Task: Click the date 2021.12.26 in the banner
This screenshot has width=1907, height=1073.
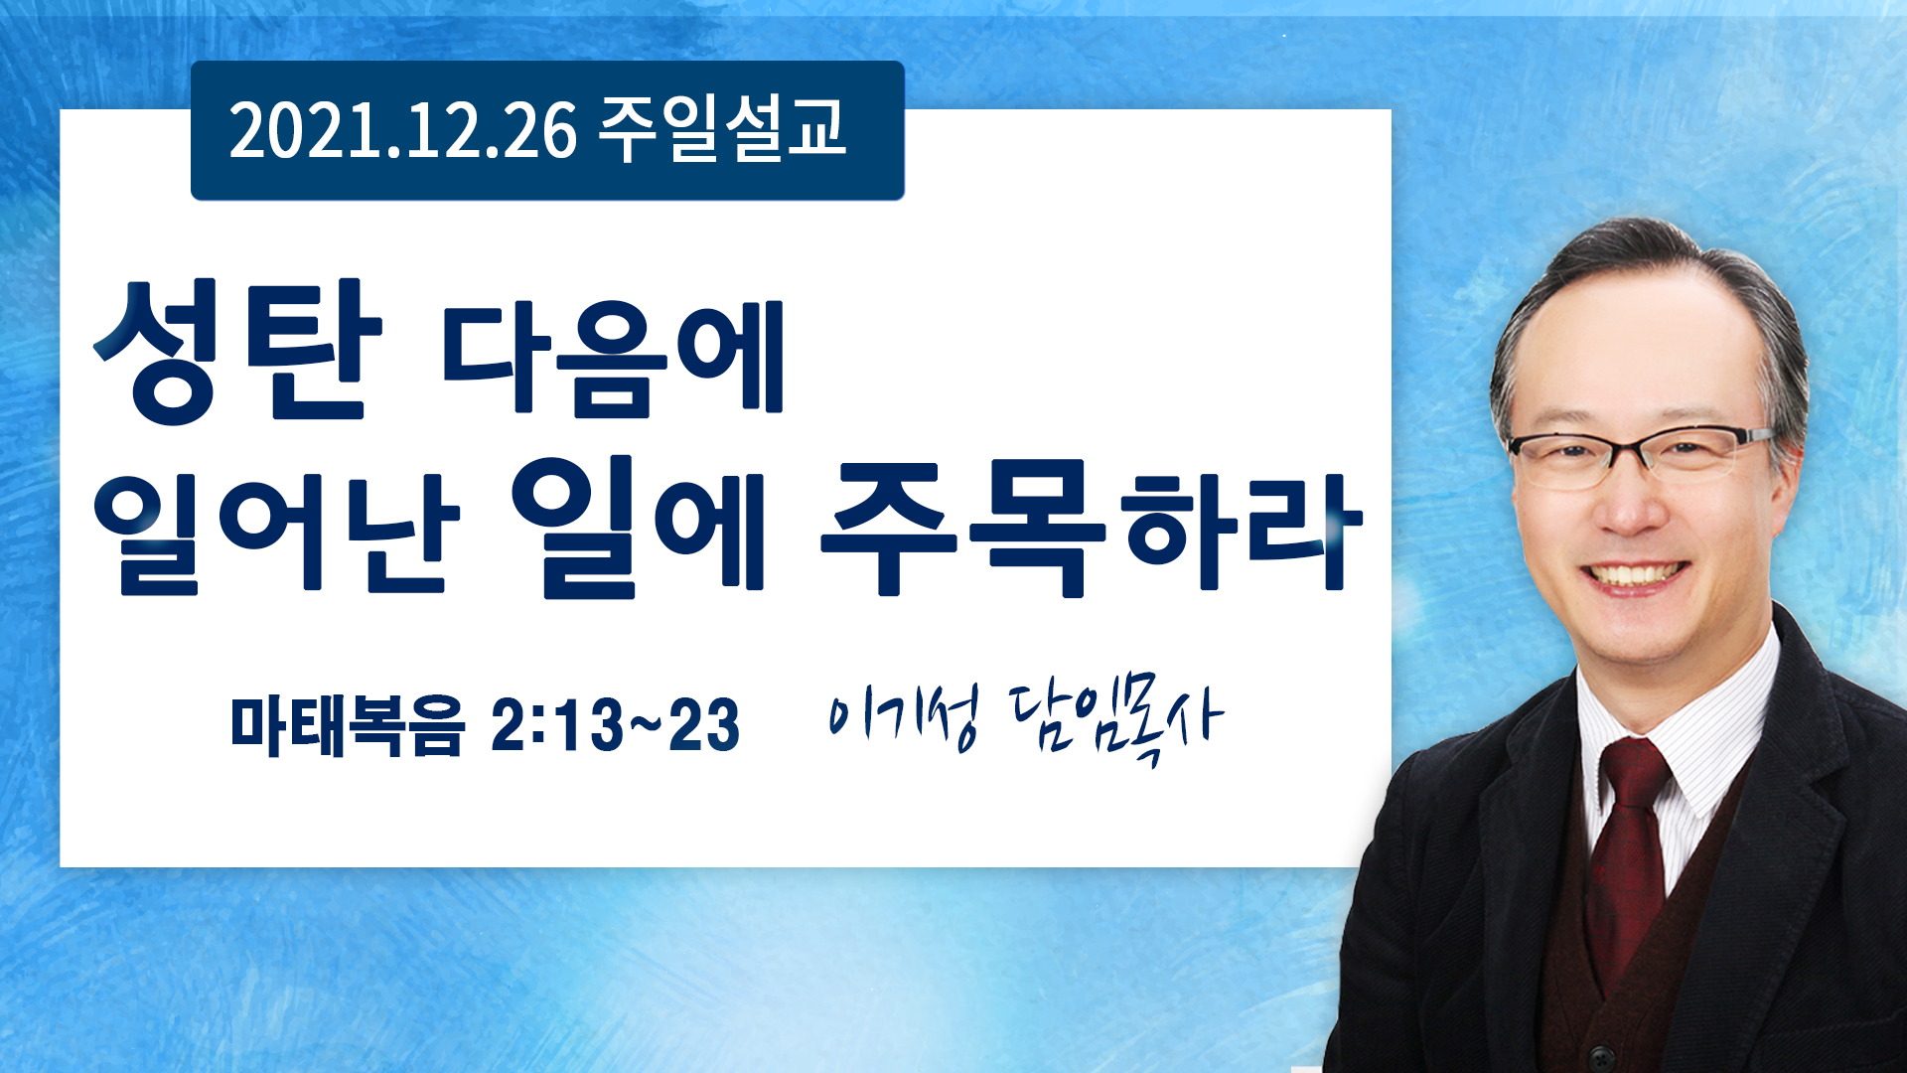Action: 402,131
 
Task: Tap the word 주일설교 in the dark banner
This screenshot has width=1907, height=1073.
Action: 722,129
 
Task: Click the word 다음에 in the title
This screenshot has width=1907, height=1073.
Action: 614,356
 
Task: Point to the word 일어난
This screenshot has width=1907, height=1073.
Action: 277,534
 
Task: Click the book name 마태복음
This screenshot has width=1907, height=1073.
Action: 348,724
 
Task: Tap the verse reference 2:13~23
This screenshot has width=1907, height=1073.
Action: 616,724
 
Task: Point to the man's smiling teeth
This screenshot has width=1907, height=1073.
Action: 1634,575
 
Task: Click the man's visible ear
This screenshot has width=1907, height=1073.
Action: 1788,467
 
